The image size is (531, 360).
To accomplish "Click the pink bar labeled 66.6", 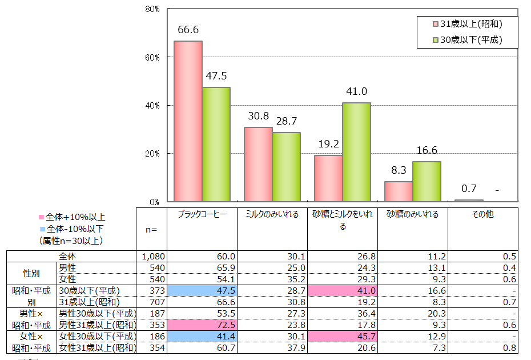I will coord(188,121).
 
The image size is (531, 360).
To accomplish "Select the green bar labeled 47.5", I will coord(216,144).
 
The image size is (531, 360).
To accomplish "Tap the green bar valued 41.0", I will coord(356,152).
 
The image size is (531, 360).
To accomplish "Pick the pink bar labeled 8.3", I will coord(399,191).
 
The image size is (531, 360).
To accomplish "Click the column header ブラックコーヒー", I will coord(202,214).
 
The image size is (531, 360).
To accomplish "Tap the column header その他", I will coord(482,214).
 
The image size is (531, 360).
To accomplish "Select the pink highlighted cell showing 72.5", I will coord(202,325).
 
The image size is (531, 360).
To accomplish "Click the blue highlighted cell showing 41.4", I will coord(202,337).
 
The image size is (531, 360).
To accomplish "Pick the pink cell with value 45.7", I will coord(343,337).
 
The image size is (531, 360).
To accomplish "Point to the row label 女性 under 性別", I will coord(68,279).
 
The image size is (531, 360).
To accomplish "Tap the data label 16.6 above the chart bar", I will coord(427,150).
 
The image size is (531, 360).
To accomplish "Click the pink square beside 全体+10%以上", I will coord(41,217).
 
